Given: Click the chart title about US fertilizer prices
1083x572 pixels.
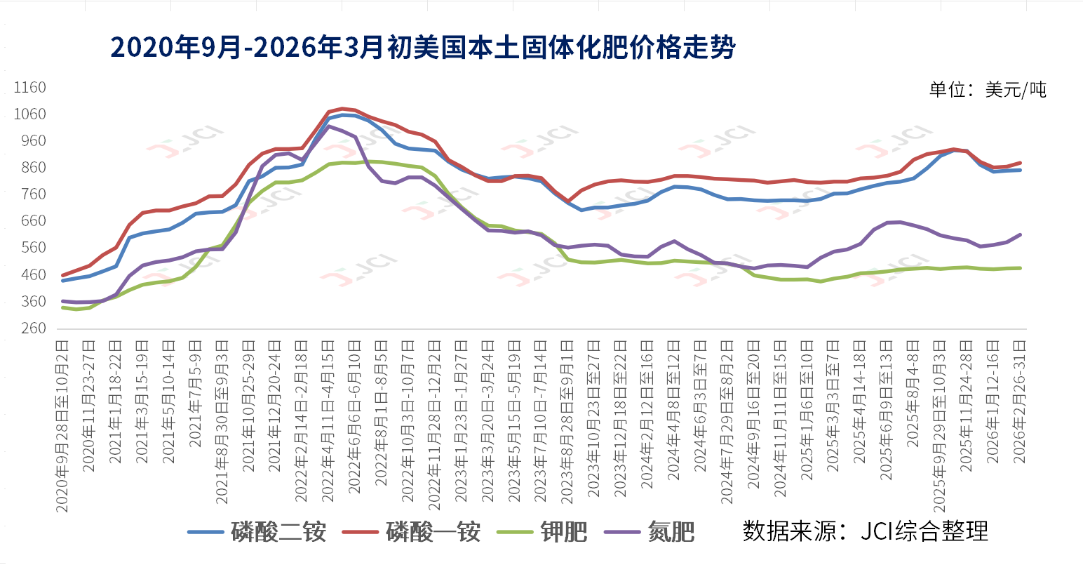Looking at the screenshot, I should coord(423,47).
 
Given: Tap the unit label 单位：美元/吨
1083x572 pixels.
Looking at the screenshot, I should coord(987,90).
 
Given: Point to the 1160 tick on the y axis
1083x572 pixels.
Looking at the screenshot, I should coord(30,88).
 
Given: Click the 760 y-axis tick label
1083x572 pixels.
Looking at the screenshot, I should coord(30,194).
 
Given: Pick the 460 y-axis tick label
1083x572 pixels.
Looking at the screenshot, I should coord(30,274).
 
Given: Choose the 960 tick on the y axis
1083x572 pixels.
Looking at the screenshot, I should coord(30,141).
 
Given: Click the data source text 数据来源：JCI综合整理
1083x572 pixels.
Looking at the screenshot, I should coord(865,531).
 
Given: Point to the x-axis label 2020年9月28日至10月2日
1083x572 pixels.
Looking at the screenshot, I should coord(62,425).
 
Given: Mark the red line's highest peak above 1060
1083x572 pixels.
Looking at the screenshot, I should coord(342,109).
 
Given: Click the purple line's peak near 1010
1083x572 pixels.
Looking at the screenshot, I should coord(328,126).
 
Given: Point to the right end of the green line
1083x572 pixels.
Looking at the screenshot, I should coord(1020,268).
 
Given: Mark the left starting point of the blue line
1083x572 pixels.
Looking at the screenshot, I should coord(63,281).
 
